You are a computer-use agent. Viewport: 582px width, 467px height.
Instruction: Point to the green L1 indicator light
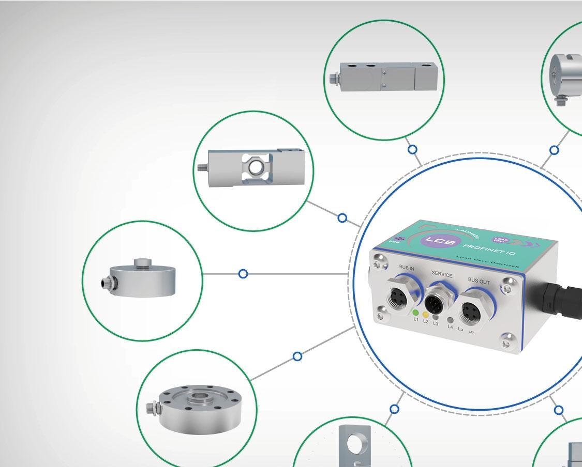pyautogui.click(x=414, y=312)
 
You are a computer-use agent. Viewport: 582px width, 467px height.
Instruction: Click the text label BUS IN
pyautogui.click(x=407, y=268)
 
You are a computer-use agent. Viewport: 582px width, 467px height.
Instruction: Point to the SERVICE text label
pyautogui.click(x=441, y=275)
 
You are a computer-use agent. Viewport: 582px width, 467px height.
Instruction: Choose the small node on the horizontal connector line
pyautogui.click(x=243, y=274)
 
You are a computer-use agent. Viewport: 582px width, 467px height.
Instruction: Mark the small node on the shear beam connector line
pyautogui.click(x=412, y=150)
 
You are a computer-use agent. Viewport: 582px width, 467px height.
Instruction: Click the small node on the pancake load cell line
pyautogui.click(x=297, y=356)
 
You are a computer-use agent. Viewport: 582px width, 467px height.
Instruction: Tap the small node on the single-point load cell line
pyautogui.click(x=342, y=218)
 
